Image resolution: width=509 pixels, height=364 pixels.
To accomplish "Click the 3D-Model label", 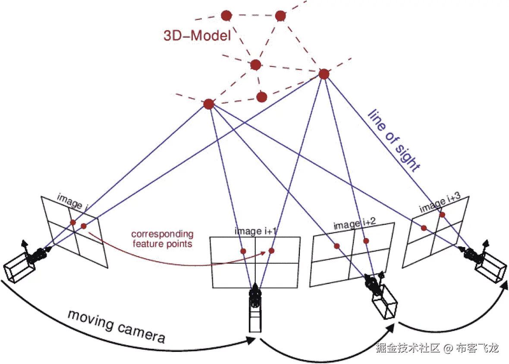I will click(x=197, y=35).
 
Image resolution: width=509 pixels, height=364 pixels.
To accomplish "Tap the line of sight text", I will click(x=393, y=141).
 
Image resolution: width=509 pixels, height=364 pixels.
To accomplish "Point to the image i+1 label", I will click(x=255, y=232).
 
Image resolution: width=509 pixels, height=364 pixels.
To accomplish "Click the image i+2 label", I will click(x=355, y=223).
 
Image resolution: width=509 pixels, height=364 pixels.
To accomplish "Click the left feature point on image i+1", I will click(x=243, y=251).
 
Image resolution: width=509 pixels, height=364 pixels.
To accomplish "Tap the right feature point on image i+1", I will click(x=271, y=251).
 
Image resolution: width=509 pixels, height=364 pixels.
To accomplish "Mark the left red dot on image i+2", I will click(x=336, y=246).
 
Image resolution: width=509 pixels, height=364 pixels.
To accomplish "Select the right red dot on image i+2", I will click(x=366, y=241).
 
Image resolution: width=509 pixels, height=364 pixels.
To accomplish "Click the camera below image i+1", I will click(x=255, y=308).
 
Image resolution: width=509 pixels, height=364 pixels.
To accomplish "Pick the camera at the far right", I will click(x=485, y=263).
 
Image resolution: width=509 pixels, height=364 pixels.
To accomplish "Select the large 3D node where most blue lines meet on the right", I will click(x=324, y=74).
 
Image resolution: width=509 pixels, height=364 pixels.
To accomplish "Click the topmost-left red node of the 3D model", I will click(x=226, y=16).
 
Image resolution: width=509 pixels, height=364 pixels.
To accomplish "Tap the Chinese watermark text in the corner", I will click(x=437, y=348).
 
